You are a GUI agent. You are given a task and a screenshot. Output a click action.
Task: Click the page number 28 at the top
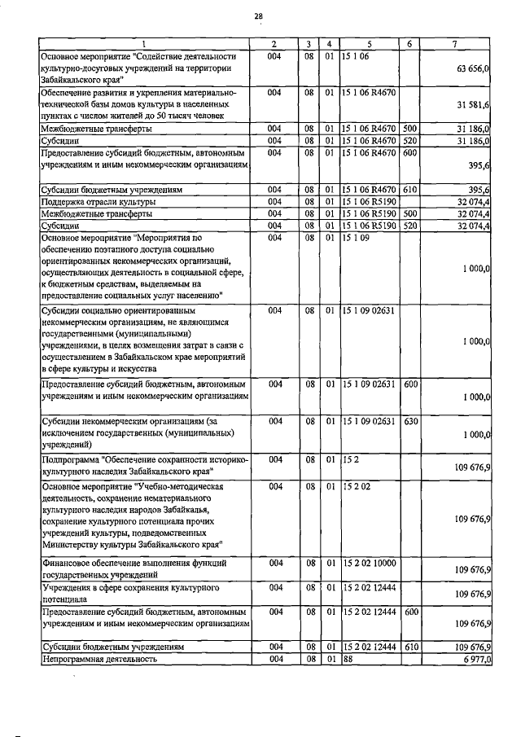tap(258, 15)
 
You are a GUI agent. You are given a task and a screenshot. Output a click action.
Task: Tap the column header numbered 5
tap(369, 43)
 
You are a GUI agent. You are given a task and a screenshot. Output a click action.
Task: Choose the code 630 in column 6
tap(410, 421)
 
